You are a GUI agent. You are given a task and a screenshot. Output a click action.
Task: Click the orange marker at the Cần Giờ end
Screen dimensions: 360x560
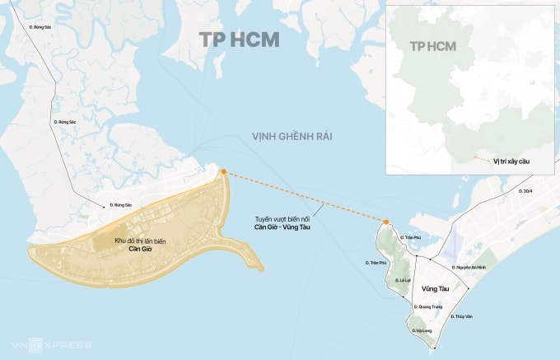pyautogui.click(x=222, y=171)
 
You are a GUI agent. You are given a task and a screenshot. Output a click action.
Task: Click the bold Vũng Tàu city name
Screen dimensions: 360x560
pyautogui.click(x=434, y=289)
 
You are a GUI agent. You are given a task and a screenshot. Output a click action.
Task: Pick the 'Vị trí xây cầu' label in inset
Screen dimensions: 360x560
pyautogui.click(x=511, y=161)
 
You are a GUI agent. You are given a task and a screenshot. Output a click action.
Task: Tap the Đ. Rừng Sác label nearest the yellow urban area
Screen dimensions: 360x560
pyautogui.click(x=121, y=204)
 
